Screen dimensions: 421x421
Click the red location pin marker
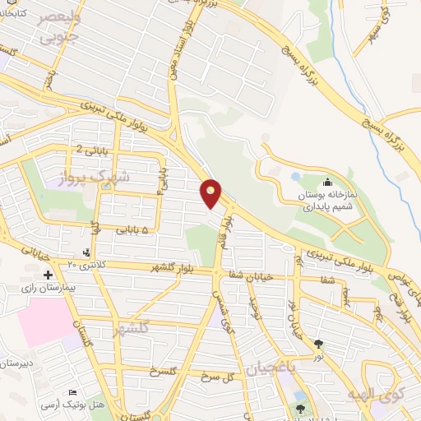pos(211,193)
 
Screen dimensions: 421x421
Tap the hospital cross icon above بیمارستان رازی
pos(48,275)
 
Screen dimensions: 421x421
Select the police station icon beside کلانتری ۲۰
pos(88,252)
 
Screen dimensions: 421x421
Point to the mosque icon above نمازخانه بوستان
pos(328,183)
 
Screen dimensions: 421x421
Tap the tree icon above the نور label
pos(318,345)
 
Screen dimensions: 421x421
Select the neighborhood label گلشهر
pos(132,326)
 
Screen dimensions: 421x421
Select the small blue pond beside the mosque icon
pos(296,176)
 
